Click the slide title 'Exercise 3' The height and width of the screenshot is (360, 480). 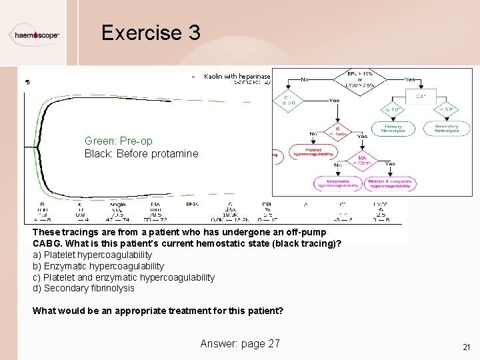(x=151, y=33)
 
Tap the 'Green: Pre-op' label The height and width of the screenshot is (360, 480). (x=118, y=141)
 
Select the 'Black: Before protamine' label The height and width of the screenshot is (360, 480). (x=141, y=153)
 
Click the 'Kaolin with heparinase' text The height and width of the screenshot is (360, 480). (x=237, y=77)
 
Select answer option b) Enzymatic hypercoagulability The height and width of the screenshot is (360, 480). (x=98, y=266)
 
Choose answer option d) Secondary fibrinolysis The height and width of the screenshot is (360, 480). (x=83, y=289)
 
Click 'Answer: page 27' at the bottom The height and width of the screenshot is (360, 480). (x=240, y=343)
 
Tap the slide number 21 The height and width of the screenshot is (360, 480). (x=466, y=347)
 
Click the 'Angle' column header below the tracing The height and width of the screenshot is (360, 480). (x=117, y=204)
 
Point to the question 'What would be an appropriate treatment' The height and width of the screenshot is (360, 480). (x=158, y=311)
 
